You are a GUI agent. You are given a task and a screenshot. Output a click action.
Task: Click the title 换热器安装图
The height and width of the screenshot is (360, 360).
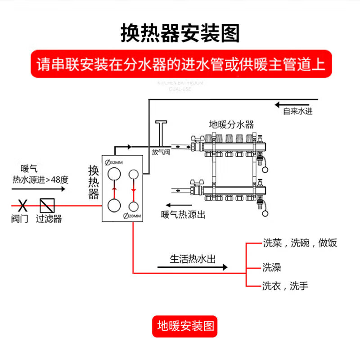(x=180, y=33)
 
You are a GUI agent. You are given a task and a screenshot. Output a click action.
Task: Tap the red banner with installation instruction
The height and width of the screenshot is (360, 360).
(x=180, y=65)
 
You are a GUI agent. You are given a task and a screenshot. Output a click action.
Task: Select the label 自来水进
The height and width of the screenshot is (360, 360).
(x=297, y=111)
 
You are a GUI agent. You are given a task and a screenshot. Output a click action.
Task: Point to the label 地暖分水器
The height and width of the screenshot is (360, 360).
(x=232, y=124)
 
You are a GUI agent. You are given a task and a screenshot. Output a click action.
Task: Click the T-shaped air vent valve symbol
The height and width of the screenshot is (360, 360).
(x=161, y=133)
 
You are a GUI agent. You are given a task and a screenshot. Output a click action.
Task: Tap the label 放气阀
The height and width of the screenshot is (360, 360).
(x=161, y=152)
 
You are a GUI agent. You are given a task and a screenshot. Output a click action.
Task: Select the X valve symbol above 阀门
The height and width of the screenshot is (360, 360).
(x=21, y=206)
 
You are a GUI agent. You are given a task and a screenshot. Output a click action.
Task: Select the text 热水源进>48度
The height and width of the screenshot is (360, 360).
(x=40, y=180)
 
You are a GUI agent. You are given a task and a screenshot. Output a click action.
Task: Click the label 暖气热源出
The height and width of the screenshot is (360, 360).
(x=183, y=215)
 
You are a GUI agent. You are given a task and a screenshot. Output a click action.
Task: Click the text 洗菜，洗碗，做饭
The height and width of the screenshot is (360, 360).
(x=300, y=243)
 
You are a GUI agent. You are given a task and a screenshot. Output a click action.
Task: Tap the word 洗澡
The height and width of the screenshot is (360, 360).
(x=272, y=267)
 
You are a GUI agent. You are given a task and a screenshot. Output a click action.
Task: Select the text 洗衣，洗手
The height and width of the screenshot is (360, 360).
(x=285, y=285)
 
